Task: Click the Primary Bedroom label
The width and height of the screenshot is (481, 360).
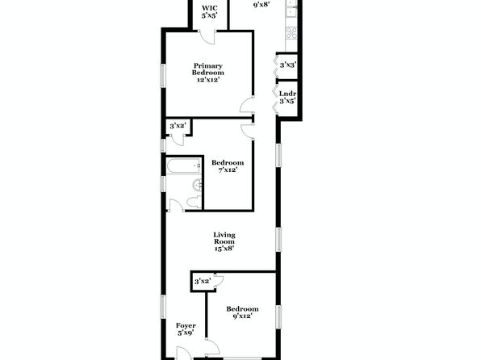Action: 207,73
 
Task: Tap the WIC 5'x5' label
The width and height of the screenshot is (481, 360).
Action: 210,11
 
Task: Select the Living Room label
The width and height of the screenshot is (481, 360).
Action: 224,241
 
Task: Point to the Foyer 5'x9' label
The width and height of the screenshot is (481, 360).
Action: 186,329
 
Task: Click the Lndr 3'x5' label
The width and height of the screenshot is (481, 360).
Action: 287,97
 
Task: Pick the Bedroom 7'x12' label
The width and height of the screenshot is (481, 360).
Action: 228,166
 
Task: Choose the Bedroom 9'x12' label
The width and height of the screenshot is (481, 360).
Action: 242,312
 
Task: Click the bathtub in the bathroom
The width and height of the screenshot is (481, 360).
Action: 184,165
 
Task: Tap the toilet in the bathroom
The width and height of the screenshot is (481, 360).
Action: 194,203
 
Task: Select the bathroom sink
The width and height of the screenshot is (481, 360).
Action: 197,185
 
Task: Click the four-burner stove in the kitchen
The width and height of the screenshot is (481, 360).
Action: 291,33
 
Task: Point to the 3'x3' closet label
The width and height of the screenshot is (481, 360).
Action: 288,65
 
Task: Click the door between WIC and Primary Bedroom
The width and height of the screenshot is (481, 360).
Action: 207,37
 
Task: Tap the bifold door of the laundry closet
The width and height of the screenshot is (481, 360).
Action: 275,100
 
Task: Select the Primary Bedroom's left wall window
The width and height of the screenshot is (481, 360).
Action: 164,76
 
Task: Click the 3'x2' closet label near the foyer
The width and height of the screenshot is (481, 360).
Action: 203,281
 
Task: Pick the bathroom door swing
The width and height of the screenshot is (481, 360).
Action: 176,205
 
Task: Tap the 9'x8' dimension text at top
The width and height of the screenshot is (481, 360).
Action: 261,5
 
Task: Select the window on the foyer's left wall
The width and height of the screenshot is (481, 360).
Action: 164,307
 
